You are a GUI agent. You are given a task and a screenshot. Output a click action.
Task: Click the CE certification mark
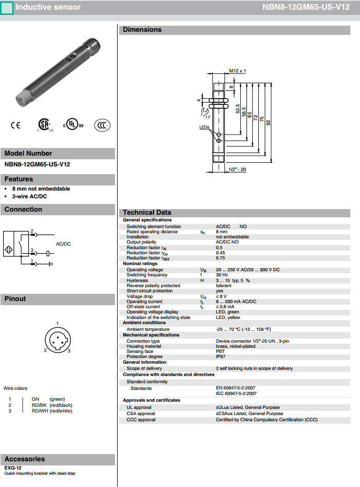pos(15,125)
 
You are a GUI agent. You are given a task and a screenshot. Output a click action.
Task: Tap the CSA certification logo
pos(44,125)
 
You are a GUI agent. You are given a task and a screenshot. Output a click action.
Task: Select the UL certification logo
pos(73,125)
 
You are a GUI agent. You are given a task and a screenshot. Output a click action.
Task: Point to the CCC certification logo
pos(102,125)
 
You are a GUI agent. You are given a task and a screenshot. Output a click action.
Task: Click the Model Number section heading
pos(28,153)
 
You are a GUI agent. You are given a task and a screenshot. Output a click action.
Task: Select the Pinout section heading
pos(15,298)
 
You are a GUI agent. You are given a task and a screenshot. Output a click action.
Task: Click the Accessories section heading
pos(25,459)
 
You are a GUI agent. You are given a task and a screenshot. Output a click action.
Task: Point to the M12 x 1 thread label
pos(238,71)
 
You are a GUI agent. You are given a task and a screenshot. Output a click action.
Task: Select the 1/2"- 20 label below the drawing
pos(237,170)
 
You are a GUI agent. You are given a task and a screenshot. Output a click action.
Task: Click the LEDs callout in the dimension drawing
pos(204,126)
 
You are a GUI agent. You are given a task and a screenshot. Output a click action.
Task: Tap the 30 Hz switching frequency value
pos(222,275)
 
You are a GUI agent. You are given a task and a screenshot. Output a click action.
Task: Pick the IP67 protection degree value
pos(221,357)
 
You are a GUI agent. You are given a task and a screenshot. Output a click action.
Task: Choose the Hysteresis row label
pos(137,280)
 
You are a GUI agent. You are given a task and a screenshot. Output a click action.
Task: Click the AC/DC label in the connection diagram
pos(63,243)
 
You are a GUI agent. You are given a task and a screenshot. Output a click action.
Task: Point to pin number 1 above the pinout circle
pos(58,323)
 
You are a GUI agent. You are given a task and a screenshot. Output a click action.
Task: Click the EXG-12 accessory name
pos(13,468)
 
